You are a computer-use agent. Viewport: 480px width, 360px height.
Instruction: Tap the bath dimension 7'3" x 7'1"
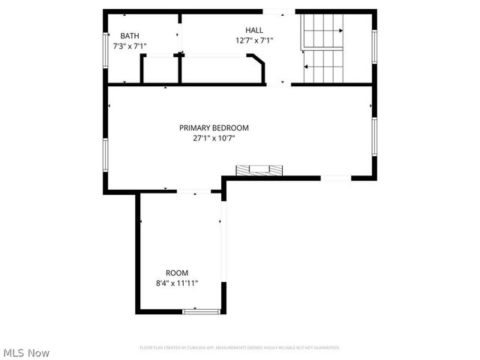[x=124, y=46]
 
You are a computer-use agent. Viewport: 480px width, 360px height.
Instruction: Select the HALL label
[x=254, y=30]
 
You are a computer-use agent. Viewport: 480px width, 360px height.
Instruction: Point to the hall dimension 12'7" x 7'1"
[x=254, y=40]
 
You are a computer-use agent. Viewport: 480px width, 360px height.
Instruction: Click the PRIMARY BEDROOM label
[x=214, y=127]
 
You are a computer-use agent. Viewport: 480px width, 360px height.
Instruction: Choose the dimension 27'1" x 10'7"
[x=214, y=138]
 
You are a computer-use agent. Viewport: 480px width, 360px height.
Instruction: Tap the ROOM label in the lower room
[x=177, y=273]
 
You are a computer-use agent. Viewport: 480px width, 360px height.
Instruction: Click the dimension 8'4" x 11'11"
[x=177, y=283]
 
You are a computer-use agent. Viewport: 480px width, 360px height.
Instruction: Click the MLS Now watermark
[x=26, y=352]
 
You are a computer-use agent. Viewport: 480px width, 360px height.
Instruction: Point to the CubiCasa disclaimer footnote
[x=240, y=348]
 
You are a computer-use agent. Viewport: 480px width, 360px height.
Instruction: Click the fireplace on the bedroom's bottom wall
[x=260, y=171]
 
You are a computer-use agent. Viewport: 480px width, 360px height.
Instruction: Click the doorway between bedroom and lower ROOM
[x=193, y=192]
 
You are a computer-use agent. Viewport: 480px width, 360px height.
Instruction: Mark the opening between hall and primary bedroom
[x=278, y=84]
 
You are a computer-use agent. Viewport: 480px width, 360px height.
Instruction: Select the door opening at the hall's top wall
[x=278, y=11]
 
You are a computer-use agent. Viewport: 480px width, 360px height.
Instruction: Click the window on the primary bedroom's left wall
[x=106, y=154]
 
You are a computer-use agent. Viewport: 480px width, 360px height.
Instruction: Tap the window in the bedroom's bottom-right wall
[x=334, y=178]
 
